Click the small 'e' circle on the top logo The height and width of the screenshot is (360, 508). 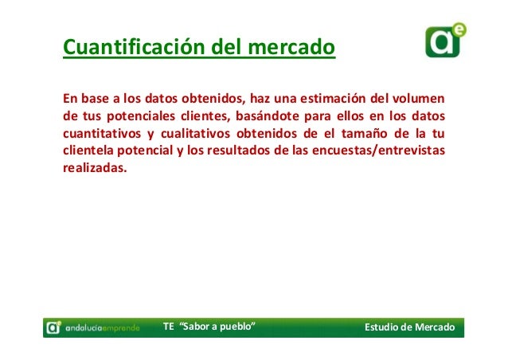click(x=459, y=29)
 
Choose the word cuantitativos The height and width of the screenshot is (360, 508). click(x=101, y=134)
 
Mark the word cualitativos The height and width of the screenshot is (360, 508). click(x=190, y=134)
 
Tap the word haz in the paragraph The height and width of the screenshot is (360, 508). click(x=260, y=100)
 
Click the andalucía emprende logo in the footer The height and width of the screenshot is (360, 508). click(x=92, y=327)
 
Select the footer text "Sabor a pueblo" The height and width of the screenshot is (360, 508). click(x=218, y=327)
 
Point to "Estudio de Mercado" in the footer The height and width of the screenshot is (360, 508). click(x=408, y=327)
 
